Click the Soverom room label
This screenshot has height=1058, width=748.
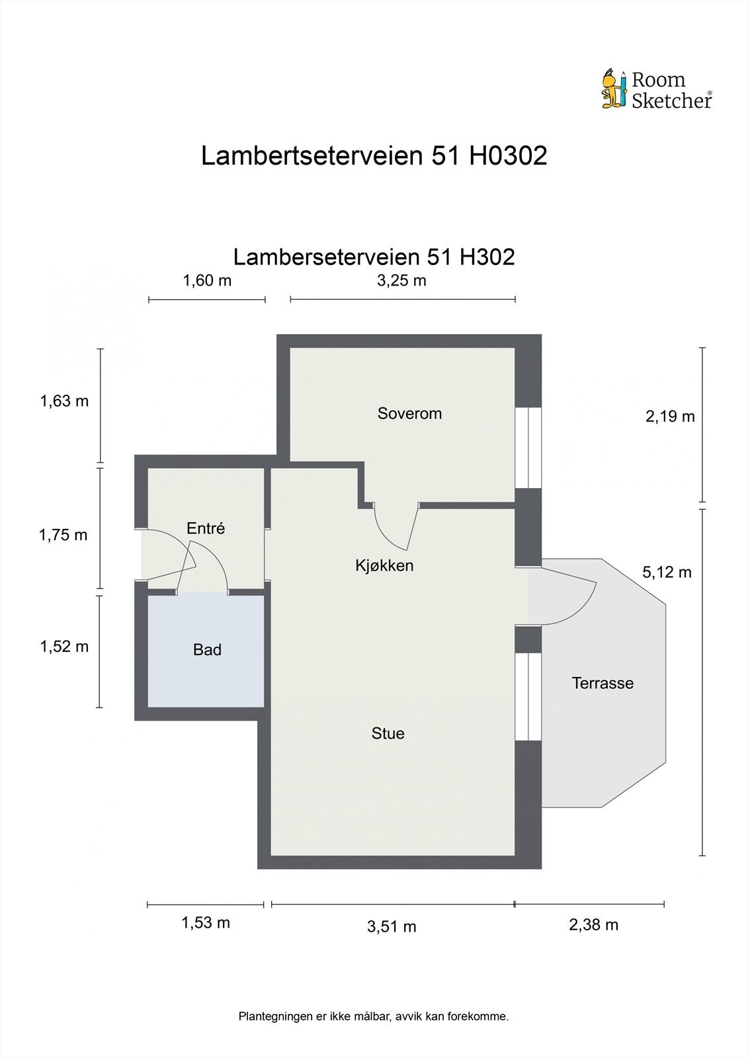point(409,413)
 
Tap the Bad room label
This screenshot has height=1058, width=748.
point(207,650)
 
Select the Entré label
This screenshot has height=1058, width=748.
point(206,528)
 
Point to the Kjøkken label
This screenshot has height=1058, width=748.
point(384,565)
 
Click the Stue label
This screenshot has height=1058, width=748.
point(388,733)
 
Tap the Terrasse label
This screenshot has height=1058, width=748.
point(603,683)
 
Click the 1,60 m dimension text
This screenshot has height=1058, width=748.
point(207,280)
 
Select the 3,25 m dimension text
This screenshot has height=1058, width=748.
point(401,280)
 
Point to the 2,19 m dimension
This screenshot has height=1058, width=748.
point(670,416)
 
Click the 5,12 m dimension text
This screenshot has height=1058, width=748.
point(667,572)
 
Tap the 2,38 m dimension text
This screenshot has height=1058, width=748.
point(593,924)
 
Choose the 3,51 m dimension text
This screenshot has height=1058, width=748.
point(392,926)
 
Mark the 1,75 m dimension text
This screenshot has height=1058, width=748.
point(63,535)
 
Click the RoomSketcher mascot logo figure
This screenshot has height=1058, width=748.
point(613,89)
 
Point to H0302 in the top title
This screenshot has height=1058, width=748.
point(508,156)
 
